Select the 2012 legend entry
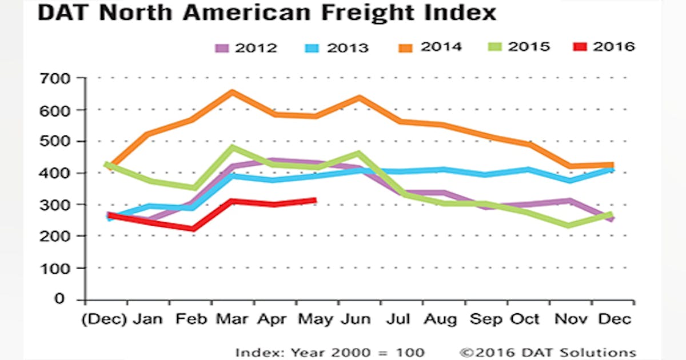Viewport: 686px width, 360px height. [246, 47]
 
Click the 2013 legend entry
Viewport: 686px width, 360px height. [337, 47]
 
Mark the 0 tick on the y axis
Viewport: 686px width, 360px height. [73, 299]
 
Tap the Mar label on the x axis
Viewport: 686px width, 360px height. [232, 319]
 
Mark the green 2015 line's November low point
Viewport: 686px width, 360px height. [568, 225]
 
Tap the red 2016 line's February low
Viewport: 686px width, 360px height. [193, 229]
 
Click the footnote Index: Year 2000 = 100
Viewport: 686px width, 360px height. [330, 352]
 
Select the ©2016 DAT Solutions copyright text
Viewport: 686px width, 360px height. [548, 352]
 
